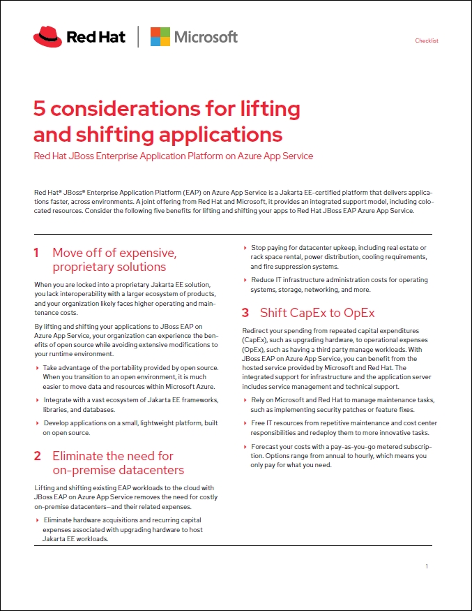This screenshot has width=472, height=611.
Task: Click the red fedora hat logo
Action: (47, 36)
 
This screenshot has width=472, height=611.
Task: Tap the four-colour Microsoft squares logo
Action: (160, 36)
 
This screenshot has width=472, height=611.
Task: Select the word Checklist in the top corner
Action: (426, 41)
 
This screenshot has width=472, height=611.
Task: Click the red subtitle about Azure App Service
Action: (174, 156)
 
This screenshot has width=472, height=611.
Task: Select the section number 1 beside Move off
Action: (36, 253)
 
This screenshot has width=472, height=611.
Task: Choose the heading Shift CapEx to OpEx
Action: (317, 312)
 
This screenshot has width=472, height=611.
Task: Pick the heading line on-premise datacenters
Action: (118, 470)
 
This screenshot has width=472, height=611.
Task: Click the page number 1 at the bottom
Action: (426, 566)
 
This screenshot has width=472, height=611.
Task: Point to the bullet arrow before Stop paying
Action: (245, 248)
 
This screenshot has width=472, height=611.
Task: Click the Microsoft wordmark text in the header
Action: (205, 37)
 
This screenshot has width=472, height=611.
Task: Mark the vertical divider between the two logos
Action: (138, 36)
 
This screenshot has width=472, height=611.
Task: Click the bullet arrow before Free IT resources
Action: (245, 423)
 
